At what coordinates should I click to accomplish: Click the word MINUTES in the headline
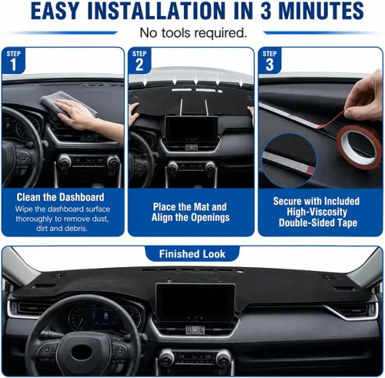321,11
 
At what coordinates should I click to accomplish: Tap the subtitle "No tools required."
193,33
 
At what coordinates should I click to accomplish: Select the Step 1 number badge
13,61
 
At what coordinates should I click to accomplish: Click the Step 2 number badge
139,61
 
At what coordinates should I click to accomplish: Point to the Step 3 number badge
269,61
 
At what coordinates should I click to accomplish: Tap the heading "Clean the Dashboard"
61,197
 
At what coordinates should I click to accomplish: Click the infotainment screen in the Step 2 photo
191,129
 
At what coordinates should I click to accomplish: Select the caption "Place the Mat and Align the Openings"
190,212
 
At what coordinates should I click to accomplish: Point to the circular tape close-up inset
290,160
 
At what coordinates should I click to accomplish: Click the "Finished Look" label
192,254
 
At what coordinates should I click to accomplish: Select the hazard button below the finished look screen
196,330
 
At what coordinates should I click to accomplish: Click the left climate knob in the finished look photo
166,358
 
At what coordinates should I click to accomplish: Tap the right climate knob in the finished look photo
223,358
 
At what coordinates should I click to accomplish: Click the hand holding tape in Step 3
364,99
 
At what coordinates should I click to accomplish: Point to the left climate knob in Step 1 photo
65,162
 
